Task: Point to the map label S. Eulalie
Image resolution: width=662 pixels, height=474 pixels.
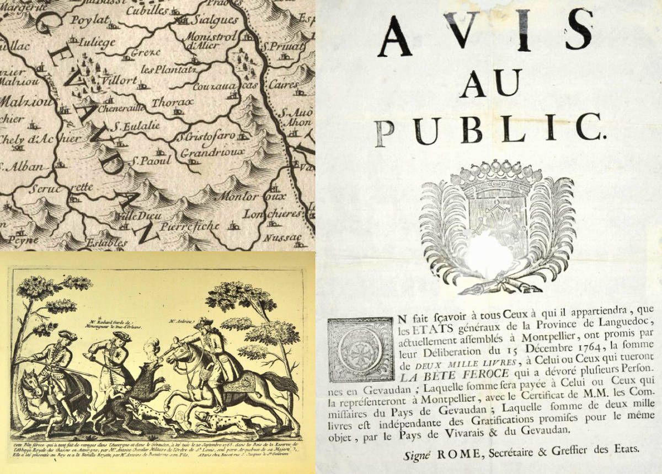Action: pos(135,126)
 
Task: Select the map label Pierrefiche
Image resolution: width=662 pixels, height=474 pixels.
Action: pos(190,226)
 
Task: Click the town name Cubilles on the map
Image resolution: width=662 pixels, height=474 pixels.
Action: pos(148,10)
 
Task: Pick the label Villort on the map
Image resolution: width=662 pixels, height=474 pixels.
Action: pos(119,80)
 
